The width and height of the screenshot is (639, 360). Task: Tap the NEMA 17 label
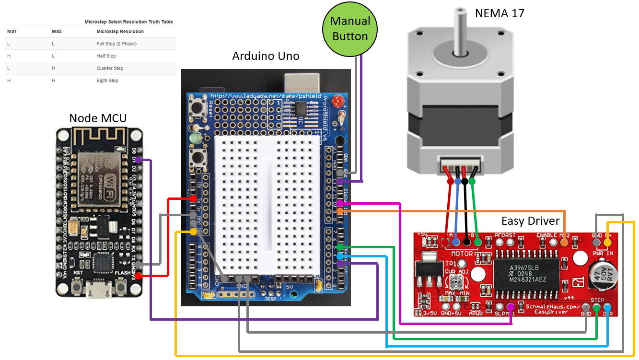[499, 13]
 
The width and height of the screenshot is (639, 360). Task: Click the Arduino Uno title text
[266, 56]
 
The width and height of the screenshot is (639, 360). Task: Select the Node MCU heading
[98, 118]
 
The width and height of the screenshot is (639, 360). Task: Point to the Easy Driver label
[530, 221]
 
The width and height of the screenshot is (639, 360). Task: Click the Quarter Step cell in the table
[110, 68]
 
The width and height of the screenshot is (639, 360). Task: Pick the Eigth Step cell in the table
[107, 81]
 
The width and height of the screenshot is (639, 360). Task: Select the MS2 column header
[57, 32]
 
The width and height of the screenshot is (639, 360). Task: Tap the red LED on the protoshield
[338, 101]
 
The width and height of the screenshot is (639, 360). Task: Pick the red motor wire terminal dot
[450, 181]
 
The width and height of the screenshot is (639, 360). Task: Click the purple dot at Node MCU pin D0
[138, 160]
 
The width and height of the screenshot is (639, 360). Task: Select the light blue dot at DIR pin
[607, 307]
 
